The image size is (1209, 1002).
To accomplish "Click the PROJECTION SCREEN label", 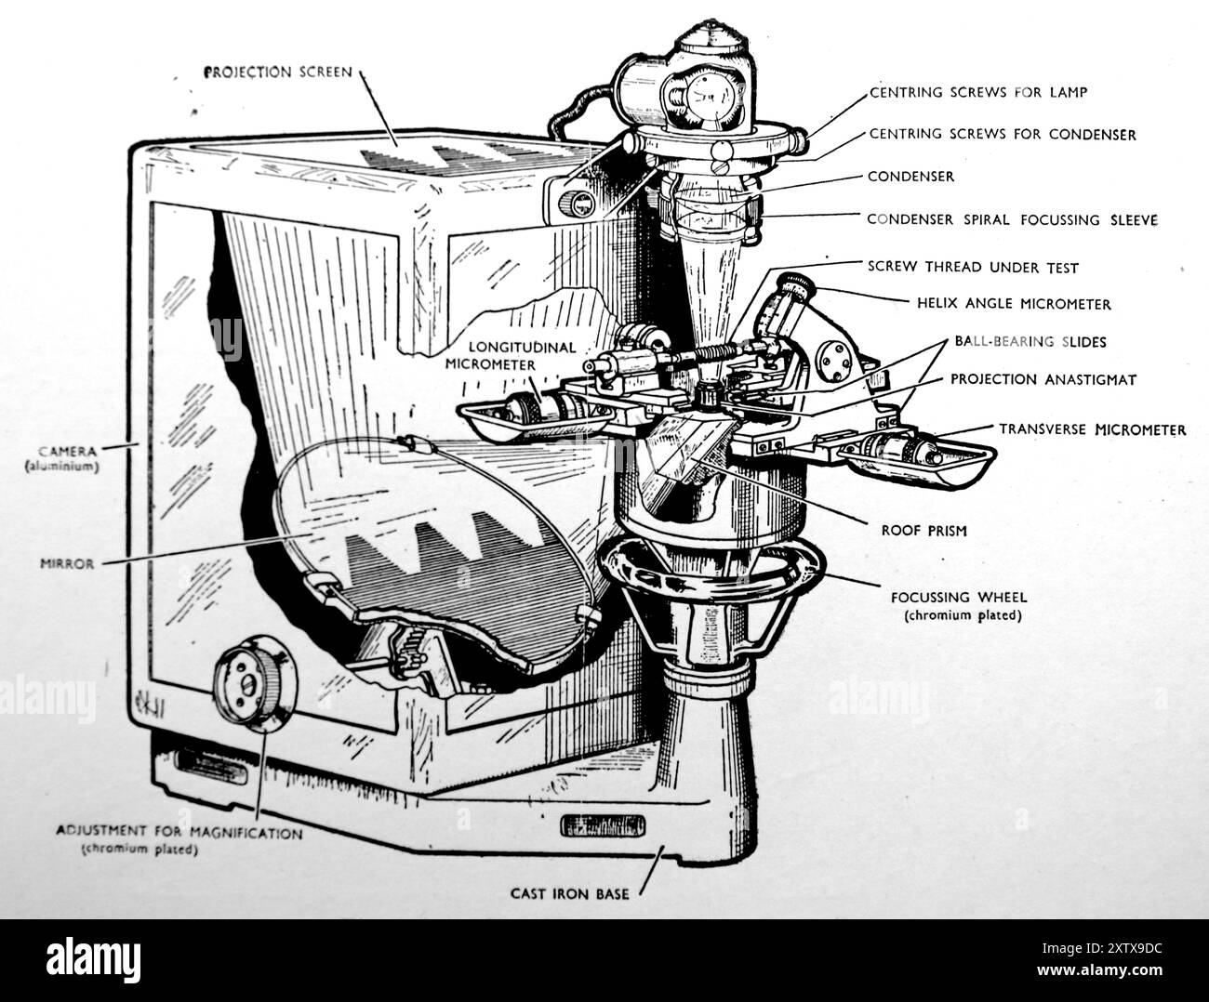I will click(x=278, y=72).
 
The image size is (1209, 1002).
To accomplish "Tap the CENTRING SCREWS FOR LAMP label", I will click(x=977, y=93).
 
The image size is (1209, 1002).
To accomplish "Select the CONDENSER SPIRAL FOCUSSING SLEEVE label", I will click(x=1012, y=220).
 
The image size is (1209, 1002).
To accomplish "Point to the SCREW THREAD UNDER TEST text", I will click(x=973, y=268).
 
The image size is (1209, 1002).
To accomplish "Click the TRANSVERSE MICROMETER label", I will click(x=1092, y=429).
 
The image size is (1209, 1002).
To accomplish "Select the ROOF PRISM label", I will click(x=923, y=531).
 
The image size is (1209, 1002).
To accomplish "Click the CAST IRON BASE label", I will click(x=569, y=894).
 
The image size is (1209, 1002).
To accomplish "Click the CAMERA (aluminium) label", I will click(x=62, y=457).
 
